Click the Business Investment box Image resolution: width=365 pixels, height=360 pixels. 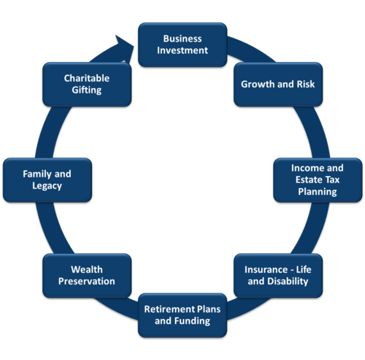pyautogui.click(x=182, y=45)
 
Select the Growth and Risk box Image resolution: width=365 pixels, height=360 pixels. pyautogui.click(x=278, y=84)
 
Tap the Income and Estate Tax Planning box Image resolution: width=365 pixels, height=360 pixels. pyautogui.click(x=318, y=180)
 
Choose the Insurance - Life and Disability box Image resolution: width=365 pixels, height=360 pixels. pyautogui.click(x=278, y=275)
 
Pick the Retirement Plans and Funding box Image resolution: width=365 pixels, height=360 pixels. pyautogui.click(x=182, y=315)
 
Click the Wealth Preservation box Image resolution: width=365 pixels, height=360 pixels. pyautogui.click(x=87, y=275)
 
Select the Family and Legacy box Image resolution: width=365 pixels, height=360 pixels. pyautogui.click(x=47, y=180)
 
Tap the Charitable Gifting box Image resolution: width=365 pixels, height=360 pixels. pyautogui.click(x=87, y=84)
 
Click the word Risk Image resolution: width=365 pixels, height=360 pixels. pyautogui.click(x=306, y=84)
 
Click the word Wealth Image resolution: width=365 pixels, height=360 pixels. pyautogui.click(x=87, y=269)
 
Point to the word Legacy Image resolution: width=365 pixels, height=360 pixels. pyautogui.click(x=47, y=186)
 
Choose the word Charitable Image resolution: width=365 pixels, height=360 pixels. pyautogui.click(x=87, y=78)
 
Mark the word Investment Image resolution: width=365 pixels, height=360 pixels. pyautogui.click(x=182, y=50)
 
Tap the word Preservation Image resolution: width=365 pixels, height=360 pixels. pyautogui.click(x=87, y=281)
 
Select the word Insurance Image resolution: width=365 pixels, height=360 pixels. pyautogui.click(x=266, y=269)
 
